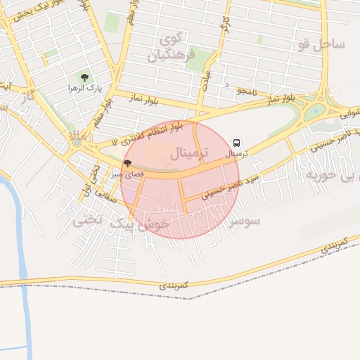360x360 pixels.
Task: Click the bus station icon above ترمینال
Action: [x=236, y=141]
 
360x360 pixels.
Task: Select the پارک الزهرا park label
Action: [x=85, y=89]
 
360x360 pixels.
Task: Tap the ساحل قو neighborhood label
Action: [x=321, y=44]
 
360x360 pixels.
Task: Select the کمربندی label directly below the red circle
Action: [x=174, y=286]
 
